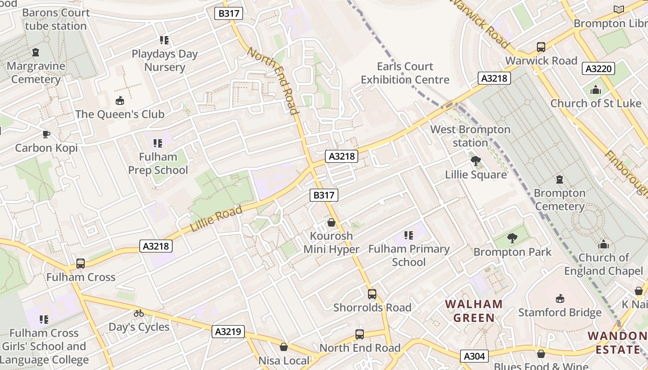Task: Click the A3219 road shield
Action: pos(228,331)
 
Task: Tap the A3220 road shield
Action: pos(598,69)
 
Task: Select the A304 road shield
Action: pos(474,356)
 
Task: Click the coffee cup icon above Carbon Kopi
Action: pos(46,134)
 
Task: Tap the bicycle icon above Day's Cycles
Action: pos(138,313)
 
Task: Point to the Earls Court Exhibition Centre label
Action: pos(405,73)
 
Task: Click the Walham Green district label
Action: pos(474,311)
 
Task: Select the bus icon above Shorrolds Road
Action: pos(372,294)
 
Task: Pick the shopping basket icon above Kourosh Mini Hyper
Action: pos(331,222)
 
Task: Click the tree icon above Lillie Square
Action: pos(475,161)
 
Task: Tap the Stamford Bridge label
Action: pos(560,313)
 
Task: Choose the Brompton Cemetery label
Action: pos(559,199)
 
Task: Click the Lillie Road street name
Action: pos(217,219)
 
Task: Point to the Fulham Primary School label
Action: pos(409,255)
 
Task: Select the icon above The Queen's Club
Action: pos(120,100)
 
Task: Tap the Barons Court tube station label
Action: pos(56,19)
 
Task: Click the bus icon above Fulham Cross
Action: pos(81,264)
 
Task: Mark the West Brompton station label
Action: pos(470,136)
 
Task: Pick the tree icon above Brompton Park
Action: pos(512,238)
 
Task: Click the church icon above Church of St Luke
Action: pos(595,90)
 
